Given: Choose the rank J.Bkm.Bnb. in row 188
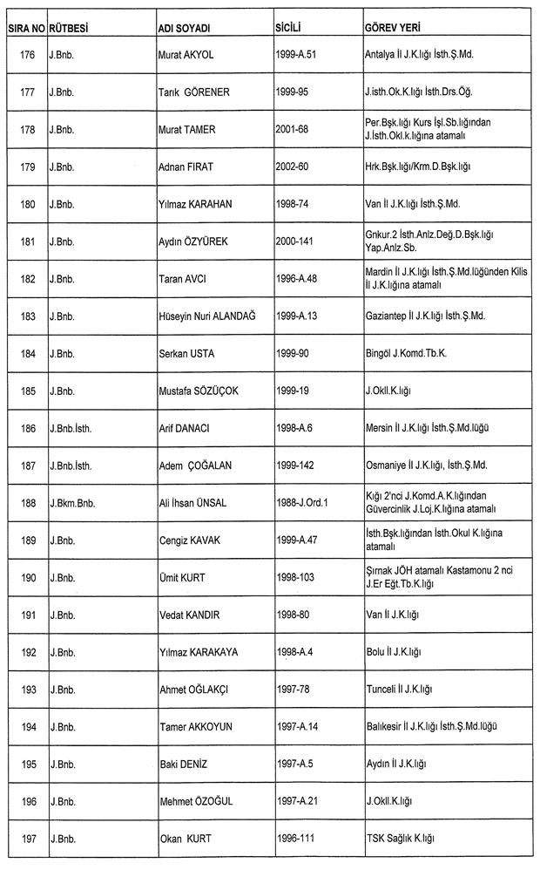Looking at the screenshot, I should (73, 503).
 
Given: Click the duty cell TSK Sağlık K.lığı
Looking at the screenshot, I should (400, 839).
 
